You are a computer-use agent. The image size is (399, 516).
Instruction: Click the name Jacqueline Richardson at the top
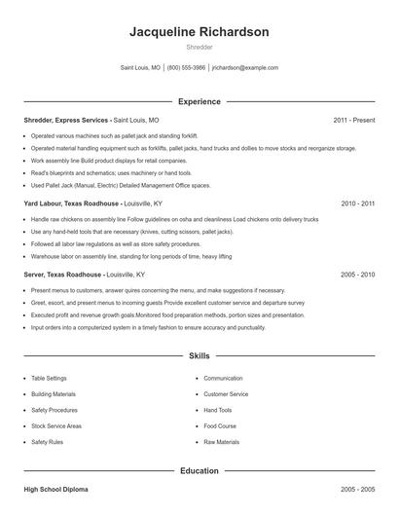(x=199, y=31)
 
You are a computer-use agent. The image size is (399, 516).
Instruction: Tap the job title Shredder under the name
(x=199, y=47)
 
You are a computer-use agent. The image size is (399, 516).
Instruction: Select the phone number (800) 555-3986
(x=186, y=68)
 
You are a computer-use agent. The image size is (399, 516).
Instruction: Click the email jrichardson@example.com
(x=245, y=68)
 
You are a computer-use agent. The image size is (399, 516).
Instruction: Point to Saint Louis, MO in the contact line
(x=140, y=68)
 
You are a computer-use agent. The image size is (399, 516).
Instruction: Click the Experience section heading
(x=199, y=101)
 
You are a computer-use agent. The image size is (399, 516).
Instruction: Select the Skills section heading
(x=199, y=356)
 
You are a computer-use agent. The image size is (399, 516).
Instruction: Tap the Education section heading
(x=199, y=470)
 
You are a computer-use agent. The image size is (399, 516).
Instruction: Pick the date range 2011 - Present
(x=353, y=120)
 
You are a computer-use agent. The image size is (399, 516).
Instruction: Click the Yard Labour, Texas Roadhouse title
(x=72, y=204)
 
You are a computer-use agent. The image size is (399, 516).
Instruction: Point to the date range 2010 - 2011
(x=357, y=204)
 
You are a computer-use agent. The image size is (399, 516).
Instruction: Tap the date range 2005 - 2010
(x=357, y=276)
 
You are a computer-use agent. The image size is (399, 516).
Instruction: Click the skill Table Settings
(x=49, y=378)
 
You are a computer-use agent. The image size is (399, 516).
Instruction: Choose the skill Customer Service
(x=226, y=394)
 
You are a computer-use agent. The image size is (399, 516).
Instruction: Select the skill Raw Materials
(x=221, y=442)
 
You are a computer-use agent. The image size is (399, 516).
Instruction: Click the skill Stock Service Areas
(x=56, y=426)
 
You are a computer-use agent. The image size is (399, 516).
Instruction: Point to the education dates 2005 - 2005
(x=357, y=489)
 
